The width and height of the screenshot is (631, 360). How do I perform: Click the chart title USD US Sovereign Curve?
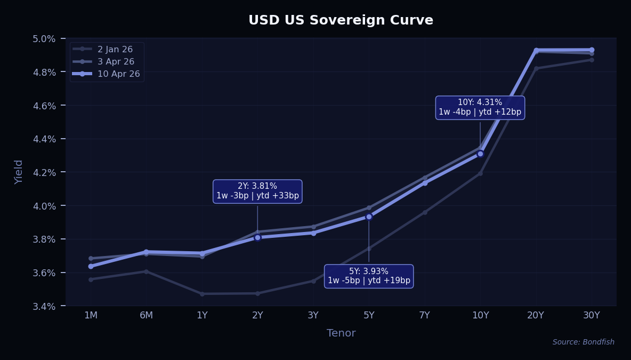341,20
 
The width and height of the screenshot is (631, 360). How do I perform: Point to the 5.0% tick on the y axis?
44,38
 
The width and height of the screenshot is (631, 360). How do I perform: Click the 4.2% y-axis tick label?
44,172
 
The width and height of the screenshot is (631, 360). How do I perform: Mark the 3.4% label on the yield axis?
44,306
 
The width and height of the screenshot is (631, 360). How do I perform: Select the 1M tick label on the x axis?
91,315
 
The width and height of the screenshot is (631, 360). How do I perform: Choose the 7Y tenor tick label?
425,315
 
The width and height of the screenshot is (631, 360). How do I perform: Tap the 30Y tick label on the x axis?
592,315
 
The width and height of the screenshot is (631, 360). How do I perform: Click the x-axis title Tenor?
341,333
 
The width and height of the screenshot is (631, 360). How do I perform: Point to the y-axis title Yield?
19,172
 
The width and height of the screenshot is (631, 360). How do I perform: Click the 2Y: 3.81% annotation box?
257,191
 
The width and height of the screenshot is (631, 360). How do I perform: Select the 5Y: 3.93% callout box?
369,276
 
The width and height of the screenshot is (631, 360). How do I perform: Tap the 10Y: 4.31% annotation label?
480,107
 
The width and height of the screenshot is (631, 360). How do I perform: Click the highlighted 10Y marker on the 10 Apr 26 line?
480,154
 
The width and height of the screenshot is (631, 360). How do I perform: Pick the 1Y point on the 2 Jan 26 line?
202,294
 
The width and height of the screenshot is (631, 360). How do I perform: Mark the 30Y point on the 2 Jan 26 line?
592,60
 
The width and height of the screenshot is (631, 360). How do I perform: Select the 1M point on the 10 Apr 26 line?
91,266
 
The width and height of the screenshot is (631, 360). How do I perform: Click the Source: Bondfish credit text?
583,342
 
